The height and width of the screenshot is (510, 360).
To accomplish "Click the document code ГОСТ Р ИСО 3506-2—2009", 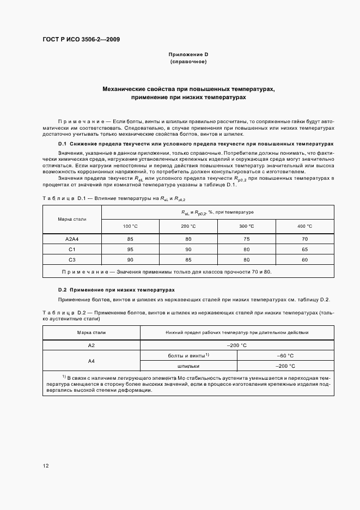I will point(81,39).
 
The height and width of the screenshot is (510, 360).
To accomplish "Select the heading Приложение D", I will point(188,55).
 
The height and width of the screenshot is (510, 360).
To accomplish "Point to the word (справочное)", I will point(188,62).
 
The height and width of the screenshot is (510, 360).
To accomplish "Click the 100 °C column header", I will point(131,226).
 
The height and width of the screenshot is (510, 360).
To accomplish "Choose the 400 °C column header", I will point(304,226).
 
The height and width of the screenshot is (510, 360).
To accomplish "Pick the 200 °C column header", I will point(188,226).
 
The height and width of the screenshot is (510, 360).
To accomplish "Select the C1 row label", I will point(72,249).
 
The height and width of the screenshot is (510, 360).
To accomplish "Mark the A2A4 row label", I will point(72,239).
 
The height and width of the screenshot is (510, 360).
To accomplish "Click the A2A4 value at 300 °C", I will point(247,239).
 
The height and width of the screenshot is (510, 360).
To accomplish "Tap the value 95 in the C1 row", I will point(131,249).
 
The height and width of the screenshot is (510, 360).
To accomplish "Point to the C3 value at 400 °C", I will point(304,260).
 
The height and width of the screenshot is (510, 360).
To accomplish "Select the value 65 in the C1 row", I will point(304,249).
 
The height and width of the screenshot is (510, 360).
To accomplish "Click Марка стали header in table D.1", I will point(72,219).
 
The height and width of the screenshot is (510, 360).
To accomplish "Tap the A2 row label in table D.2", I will point(91,345).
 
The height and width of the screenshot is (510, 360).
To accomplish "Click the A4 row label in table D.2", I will point(91,361).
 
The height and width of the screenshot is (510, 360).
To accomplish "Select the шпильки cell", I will point(188,366).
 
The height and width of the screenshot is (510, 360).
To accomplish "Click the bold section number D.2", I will point(62,290).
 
